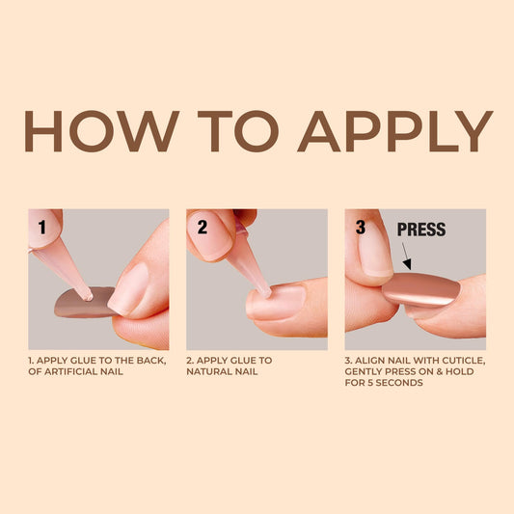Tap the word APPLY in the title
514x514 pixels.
pyautogui.click(x=395, y=131)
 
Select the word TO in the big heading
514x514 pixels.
pyautogui.click(x=238, y=131)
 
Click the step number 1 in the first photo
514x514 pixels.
pyautogui.click(x=42, y=228)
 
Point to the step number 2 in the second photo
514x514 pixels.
pyautogui.click(x=203, y=228)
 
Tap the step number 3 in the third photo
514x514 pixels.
pyautogui.click(x=361, y=228)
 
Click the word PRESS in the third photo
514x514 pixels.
pyautogui.click(x=421, y=230)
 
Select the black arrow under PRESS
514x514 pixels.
pyautogui.click(x=407, y=256)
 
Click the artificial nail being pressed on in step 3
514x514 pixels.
pyautogui.click(x=421, y=289)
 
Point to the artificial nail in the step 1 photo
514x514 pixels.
pyautogui.click(x=84, y=302)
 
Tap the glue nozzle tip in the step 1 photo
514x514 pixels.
pyautogui.click(x=89, y=297)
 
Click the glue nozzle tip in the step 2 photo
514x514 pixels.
pyautogui.click(x=268, y=293)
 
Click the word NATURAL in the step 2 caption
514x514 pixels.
pyautogui.click(x=207, y=371)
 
